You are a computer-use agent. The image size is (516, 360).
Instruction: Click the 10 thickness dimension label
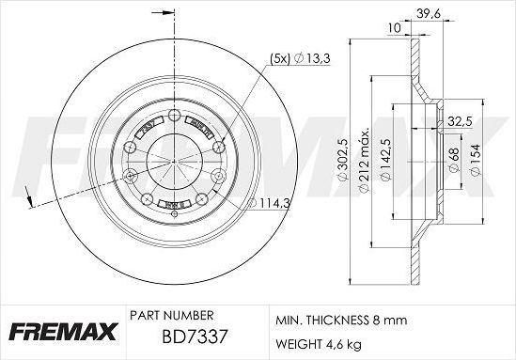(x=393, y=29)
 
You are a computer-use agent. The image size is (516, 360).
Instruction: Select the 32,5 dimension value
(x=460, y=122)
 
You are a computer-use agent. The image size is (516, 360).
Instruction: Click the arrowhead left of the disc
(x=31, y=198)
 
